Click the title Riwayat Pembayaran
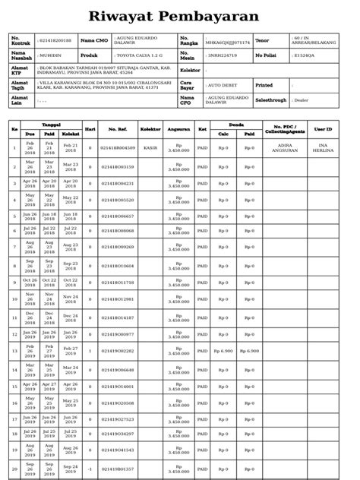(x=174, y=17)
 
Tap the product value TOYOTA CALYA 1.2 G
(x=141, y=55)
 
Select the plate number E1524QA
(x=304, y=55)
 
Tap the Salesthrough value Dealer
(x=302, y=99)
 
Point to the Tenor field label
(x=262, y=40)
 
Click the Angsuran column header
(x=178, y=129)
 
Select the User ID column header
(x=323, y=129)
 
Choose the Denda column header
(x=236, y=125)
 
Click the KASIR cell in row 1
(x=150, y=148)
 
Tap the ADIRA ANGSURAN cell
(x=285, y=148)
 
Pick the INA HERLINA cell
(x=323, y=148)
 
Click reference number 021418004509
(x=118, y=148)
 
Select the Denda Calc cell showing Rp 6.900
(x=223, y=351)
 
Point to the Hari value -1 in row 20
(x=90, y=468)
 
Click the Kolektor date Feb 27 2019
(x=71, y=351)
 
